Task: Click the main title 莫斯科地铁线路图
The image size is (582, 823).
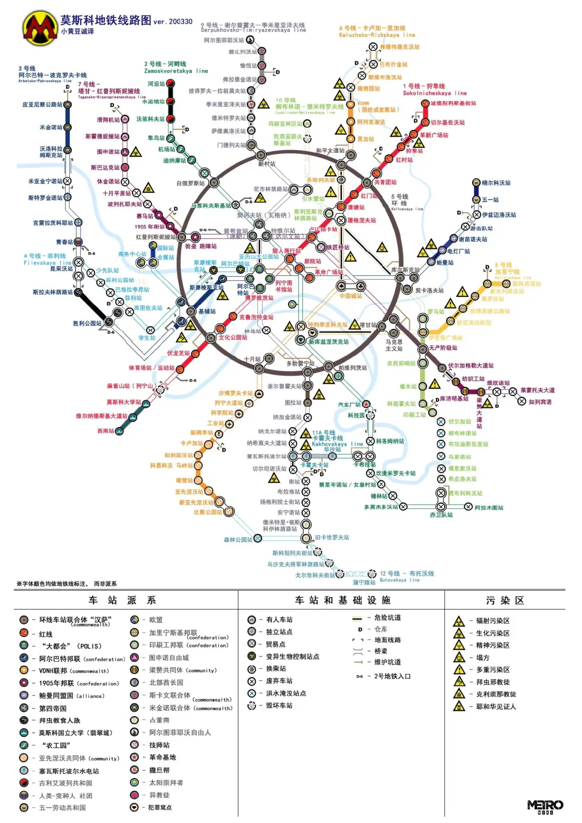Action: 105,20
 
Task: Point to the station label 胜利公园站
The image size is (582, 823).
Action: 87,323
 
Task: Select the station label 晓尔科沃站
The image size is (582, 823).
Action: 496,183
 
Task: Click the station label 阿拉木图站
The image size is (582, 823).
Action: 489,508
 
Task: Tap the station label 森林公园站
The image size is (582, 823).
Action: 238,539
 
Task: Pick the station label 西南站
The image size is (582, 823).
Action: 105,431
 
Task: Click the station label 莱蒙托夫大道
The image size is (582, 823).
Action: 537,390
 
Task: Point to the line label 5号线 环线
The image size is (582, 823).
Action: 399,200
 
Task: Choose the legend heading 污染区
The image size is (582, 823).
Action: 505,600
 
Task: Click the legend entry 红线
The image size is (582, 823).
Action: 45,634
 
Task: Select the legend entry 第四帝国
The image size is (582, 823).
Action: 52,708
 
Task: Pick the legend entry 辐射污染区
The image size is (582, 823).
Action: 492,621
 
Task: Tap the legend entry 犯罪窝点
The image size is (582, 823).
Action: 160,807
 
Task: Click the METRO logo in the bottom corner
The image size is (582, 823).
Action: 545,806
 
